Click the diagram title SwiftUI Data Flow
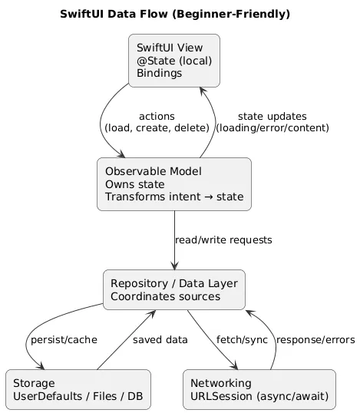132,15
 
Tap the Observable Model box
174,183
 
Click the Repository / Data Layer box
174,289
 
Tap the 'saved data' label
160,340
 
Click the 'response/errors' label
311,340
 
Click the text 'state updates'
272,116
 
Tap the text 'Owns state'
134,184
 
